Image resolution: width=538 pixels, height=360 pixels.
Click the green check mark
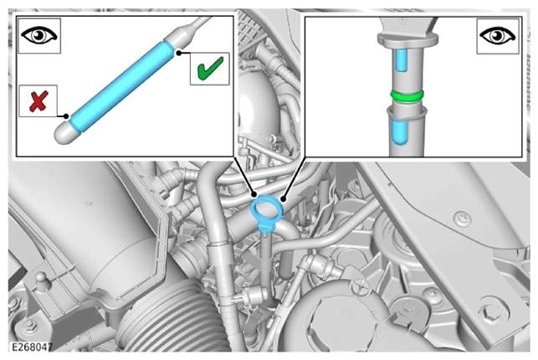click(210, 69)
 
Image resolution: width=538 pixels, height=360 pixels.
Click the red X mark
click(38, 101)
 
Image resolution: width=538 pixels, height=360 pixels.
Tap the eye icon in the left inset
click(39, 35)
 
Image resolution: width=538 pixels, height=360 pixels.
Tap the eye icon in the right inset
click(498, 36)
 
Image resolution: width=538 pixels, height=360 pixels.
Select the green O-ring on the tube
click(407, 95)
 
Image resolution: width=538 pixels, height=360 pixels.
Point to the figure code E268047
click(33, 347)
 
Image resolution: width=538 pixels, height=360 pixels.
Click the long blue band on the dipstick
click(121, 85)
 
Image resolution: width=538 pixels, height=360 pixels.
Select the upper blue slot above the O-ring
click(401, 60)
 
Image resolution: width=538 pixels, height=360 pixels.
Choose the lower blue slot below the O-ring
click(398, 131)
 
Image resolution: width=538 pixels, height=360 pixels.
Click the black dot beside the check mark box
click(179, 53)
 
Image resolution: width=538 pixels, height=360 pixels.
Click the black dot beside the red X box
click(66, 116)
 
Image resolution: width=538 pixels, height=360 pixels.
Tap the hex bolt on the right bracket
click(488, 312)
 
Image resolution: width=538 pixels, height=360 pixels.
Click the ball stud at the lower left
click(41, 278)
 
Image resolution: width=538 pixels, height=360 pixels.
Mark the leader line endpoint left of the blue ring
click(254, 195)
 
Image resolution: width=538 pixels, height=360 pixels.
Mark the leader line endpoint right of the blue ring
click(283, 198)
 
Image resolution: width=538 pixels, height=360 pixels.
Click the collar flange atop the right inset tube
click(407, 39)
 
